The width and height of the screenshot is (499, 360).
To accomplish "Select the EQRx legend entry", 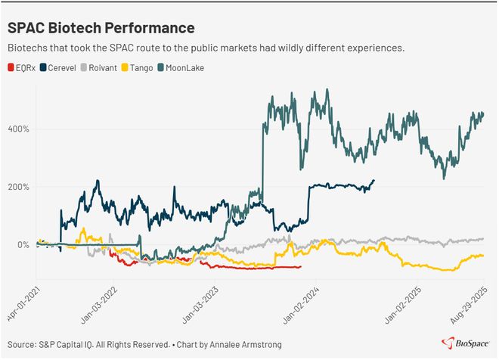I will pyautogui.click(x=25, y=68).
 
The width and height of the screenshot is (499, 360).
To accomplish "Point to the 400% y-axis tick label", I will pyautogui.click(x=19, y=129).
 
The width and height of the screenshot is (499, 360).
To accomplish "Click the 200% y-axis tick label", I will pyautogui.click(x=19, y=187).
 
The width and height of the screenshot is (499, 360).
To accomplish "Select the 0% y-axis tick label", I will pyautogui.click(x=23, y=245).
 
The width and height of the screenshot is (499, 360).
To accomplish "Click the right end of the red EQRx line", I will pyautogui.click(x=301, y=266).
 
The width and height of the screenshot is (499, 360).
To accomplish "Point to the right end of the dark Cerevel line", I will pyautogui.click(x=373, y=180).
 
